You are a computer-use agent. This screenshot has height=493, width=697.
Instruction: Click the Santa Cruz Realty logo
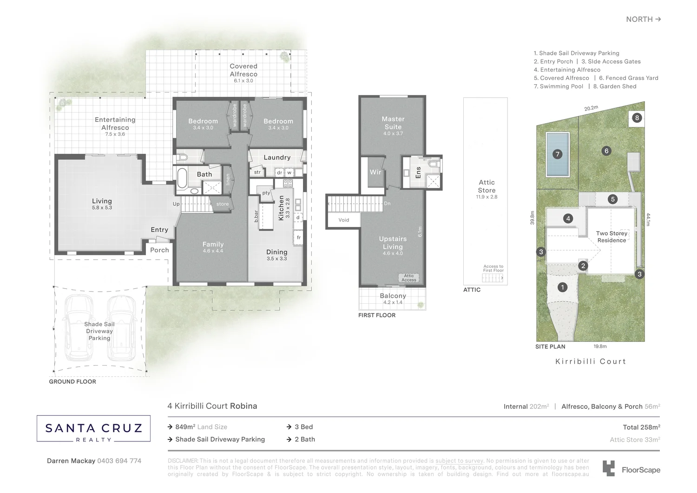coord(93,428)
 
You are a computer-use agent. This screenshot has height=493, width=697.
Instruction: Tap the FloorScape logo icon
coord(608,468)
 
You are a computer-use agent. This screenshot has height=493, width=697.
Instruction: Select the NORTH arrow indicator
coord(643,19)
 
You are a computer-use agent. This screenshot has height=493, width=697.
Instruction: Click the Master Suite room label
coord(393,123)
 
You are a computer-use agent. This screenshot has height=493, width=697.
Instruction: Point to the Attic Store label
coord(487,187)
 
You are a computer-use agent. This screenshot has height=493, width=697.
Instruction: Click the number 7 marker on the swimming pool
coord(558,154)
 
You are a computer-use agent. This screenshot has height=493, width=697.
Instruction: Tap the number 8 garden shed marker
coord(637,118)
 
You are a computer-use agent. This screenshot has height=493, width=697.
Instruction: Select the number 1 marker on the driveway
coord(562,287)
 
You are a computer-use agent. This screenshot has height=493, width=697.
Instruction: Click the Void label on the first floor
coord(343,220)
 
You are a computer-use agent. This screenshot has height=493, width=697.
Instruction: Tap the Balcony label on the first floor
coord(393,296)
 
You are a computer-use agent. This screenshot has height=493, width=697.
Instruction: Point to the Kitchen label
coord(281,207)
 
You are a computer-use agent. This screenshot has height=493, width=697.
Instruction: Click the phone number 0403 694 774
coord(119,461)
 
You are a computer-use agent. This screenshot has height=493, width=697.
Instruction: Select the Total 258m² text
coord(641,427)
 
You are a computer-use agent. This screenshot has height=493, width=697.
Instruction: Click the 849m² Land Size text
coord(201,427)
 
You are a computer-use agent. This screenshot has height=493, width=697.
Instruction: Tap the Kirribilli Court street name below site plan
coord(591,361)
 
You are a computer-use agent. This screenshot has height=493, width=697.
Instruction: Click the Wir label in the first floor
coord(375,172)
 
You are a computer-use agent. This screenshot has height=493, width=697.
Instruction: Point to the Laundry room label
coord(277,158)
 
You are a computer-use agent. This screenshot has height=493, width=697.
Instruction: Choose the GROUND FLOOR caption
coord(72,382)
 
